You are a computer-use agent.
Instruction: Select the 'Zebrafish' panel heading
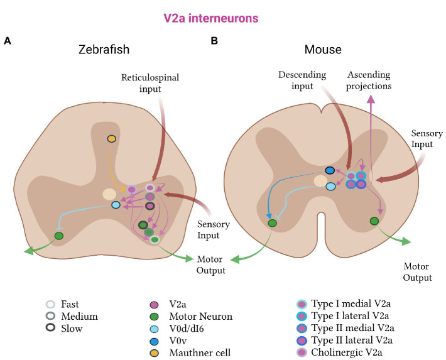tap(104, 50)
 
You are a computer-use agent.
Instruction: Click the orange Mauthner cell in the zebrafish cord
tap(112, 138)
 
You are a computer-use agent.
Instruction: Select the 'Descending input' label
tap(302, 80)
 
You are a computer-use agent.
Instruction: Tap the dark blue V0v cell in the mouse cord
tap(330, 170)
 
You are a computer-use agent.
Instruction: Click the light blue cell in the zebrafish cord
tap(116, 205)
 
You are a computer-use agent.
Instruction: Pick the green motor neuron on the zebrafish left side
tap(59, 236)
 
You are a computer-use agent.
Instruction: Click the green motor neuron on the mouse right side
tap(374, 221)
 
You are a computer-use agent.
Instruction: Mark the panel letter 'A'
tap(7, 41)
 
